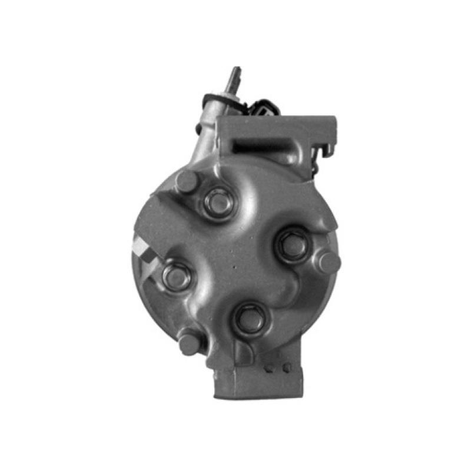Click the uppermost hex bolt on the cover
tap(218, 201)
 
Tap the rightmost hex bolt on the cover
tap(292, 244)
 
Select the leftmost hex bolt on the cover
tap(175, 276)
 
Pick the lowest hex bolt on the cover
tap(250, 319)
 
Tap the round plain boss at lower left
tap(190, 343)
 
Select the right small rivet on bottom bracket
tap(286, 367)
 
